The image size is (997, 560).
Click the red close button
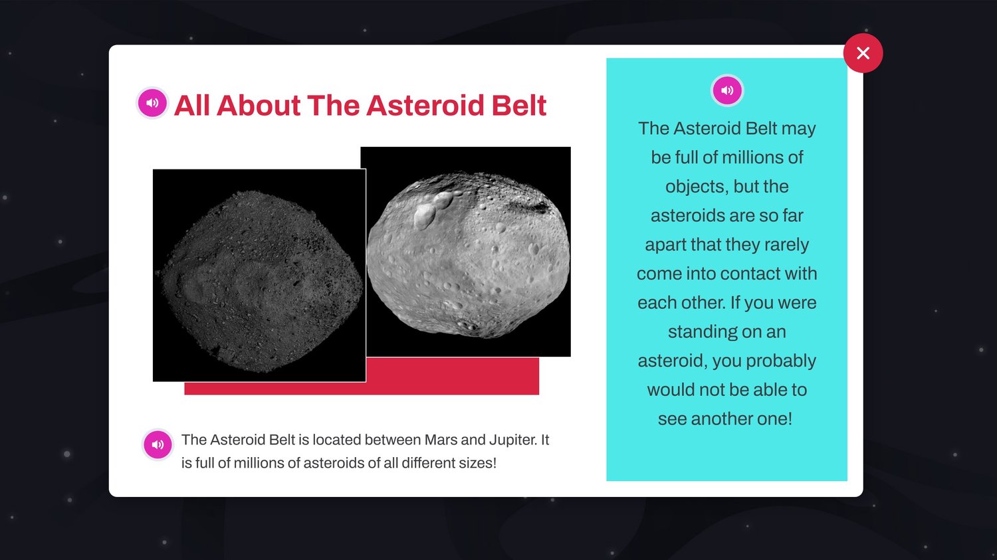pos(863,53)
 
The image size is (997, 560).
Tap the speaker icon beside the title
pos(152,103)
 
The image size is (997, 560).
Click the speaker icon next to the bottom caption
pos(158,444)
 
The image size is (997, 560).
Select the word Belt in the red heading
pos(518,106)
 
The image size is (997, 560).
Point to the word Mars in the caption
pos(441,440)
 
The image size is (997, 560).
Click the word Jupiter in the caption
pos(512,440)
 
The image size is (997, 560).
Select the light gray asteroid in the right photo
pos(468,254)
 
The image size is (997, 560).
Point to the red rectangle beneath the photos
pos(452,376)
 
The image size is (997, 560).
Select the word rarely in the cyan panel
pos(786,245)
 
